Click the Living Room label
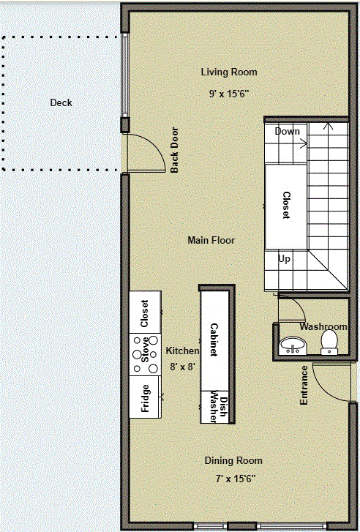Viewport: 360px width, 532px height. click(x=229, y=72)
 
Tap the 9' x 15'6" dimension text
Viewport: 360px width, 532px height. click(x=229, y=94)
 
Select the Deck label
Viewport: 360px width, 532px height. click(x=61, y=103)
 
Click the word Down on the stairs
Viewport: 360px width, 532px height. click(x=287, y=132)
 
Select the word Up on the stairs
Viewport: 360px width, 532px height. click(x=284, y=258)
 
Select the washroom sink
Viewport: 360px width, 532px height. click(x=294, y=345)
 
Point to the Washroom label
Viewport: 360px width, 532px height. click(x=323, y=326)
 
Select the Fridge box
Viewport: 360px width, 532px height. click(x=144, y=397)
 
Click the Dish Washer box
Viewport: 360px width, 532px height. click(x=217, y=405)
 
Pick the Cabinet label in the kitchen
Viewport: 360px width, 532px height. click(x=214, y=340)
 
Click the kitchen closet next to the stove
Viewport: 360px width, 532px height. click(x=144, y=312)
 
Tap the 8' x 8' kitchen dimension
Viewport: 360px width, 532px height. click(x=181, y=367)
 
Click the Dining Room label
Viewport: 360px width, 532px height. click(x=233, y=460)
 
